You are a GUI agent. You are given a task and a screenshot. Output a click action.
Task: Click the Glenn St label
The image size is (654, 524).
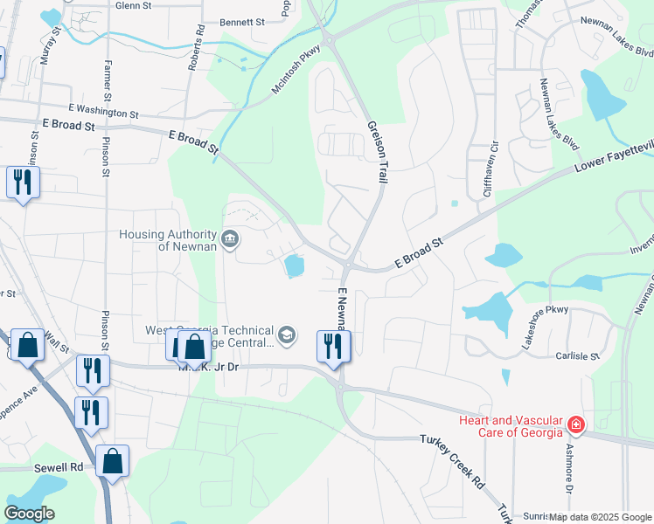click(133, 5)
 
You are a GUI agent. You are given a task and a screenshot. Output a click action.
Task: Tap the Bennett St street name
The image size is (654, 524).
click(242, 22)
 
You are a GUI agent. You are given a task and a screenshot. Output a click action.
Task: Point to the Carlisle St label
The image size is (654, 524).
click(577, 356)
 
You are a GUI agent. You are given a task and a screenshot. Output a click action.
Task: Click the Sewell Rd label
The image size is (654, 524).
click(59, 467)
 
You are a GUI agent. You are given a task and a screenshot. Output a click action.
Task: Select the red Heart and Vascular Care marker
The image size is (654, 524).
click(576, 425)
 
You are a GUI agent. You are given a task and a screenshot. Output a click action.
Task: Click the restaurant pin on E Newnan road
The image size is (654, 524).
click(333, 346)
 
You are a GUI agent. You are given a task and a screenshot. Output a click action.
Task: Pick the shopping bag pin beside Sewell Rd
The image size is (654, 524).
click(113, 462)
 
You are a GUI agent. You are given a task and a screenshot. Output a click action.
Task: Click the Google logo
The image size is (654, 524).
click(29, 514)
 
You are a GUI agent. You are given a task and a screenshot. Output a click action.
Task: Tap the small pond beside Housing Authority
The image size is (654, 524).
click(294, 265)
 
